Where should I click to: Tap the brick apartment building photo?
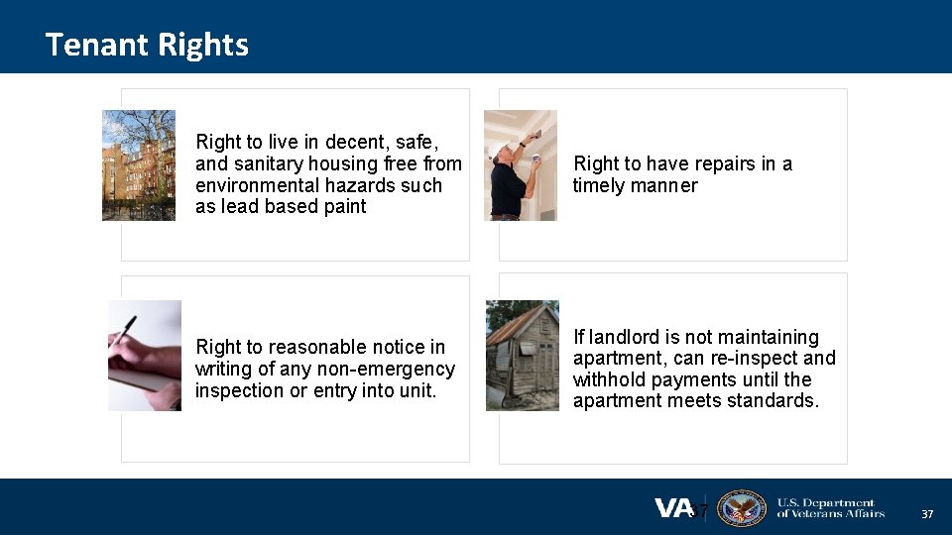139,164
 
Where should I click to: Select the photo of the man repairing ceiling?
521,164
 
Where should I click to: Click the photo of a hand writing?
145,355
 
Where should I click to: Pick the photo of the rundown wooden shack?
523,355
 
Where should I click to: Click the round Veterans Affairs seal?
741,508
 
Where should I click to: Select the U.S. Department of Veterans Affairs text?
830,508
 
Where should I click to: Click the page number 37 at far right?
927,514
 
